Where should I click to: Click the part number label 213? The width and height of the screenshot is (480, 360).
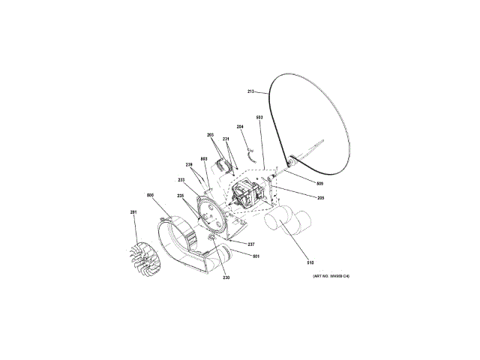click(251, 91)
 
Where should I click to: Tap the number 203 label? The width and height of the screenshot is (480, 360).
click(211, 135)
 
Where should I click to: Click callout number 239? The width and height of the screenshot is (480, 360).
click(190, 164)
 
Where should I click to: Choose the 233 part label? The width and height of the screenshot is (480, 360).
click(181, 180)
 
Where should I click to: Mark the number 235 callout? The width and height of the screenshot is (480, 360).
click(181, 196)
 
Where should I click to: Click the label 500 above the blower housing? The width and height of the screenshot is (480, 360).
click(151, 195)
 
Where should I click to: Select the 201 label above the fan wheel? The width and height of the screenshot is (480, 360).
click(133, 212)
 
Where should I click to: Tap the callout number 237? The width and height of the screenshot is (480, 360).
click(251, 244)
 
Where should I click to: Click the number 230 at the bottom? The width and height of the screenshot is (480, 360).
click(226, 277)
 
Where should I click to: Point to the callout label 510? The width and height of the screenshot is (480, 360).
click(310, 262)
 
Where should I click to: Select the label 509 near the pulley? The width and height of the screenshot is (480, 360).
click(319, 184)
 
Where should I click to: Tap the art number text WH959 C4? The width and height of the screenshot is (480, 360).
click(331, 277)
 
